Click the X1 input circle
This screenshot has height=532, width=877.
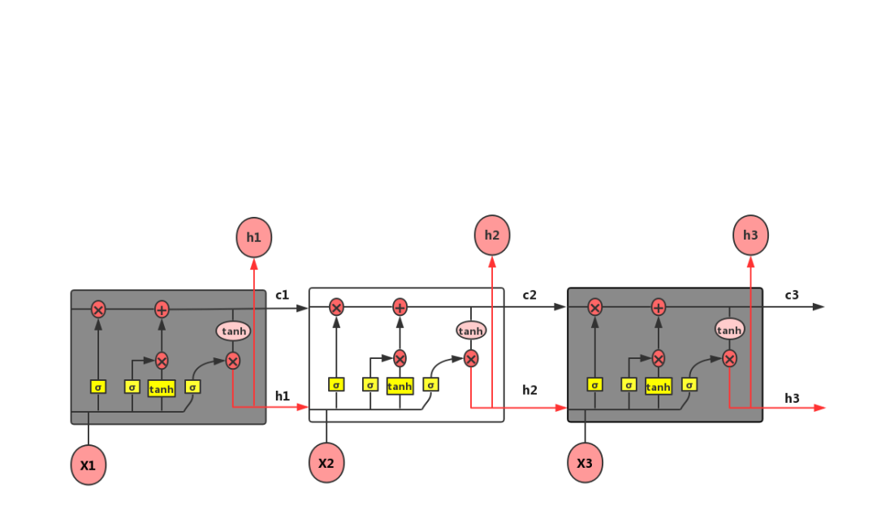tap(89, 465)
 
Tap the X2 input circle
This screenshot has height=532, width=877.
tap(326, 463)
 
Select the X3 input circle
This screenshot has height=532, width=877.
tap(585, 463)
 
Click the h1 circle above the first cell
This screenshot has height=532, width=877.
tap(254, 237)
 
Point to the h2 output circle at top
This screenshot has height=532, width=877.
tap(492, 235)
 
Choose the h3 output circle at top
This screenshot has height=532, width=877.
tap(750, 235)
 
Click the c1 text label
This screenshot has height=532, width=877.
tap(283, 295)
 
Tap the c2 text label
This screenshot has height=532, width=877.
tap(529, 295)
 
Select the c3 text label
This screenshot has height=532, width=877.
tap(792, 295)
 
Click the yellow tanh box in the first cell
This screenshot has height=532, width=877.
tap(162, 389)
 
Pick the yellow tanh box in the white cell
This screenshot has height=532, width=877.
tap(400, 386)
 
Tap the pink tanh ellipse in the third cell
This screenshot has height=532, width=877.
tap(729, 329)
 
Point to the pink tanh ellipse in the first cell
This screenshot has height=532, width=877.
tap(233, 331)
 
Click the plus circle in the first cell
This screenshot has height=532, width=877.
tap(162, 309)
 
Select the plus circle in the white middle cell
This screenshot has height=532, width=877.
tap(400, 307)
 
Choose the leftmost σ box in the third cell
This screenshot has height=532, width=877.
tap(594, 384)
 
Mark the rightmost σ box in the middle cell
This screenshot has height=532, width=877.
tap(430, 384)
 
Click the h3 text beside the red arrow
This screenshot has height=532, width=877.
tap(792, 398)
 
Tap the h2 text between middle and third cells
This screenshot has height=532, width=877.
tap(529, 390)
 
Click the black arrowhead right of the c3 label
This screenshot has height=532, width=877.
tap(819, 306)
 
